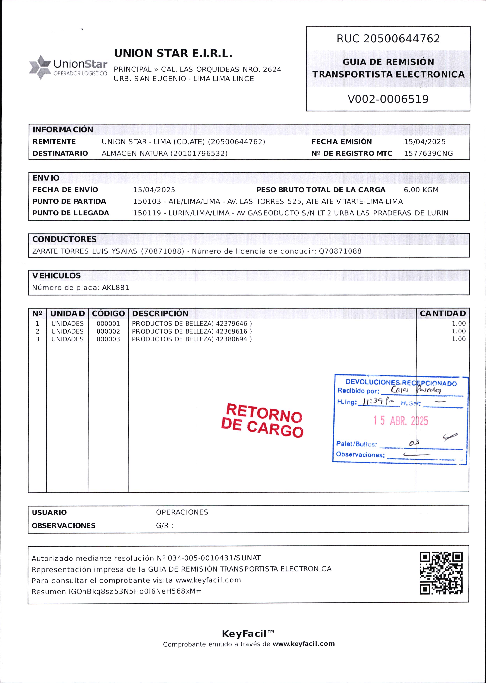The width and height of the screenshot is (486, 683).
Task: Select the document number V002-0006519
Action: coord(388,99)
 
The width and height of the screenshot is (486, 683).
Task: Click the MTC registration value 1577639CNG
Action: coord(428,154)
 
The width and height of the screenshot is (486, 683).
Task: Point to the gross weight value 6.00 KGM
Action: coord(421,190)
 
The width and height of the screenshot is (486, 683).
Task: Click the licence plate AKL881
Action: coord(115,288)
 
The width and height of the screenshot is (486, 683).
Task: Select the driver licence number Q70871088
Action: coord(340,251)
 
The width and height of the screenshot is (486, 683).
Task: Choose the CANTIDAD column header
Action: coord(443,313)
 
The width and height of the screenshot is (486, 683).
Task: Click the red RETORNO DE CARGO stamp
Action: coord(262,420)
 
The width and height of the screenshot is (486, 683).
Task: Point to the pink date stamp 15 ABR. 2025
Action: coord(400,421)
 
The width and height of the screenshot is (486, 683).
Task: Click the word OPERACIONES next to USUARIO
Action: coord(182,512)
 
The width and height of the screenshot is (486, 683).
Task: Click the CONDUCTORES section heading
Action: coord(64,239)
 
